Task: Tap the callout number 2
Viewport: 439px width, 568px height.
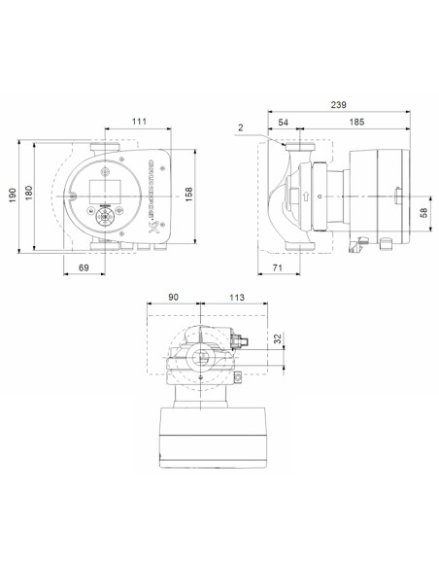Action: [239, 127]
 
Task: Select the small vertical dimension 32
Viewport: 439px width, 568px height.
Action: [279, 339]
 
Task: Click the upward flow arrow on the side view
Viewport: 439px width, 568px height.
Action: [307, 196]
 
